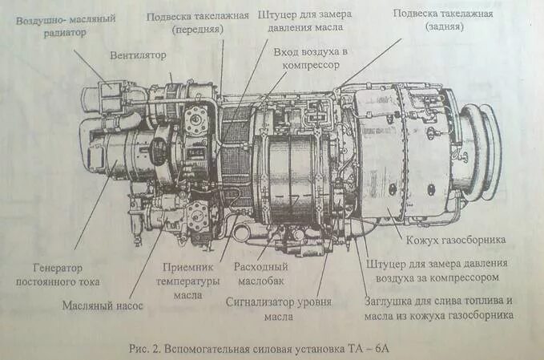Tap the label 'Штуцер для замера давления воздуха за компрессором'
[x=433, y=270]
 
